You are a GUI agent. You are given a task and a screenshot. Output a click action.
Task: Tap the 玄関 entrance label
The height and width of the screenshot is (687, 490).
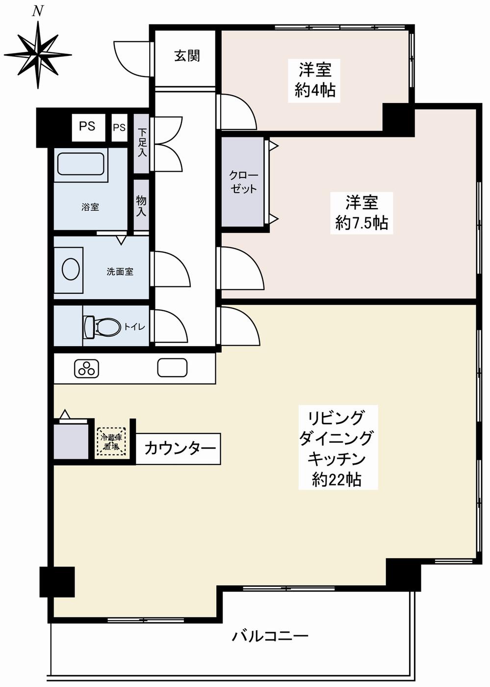tap(187, 56)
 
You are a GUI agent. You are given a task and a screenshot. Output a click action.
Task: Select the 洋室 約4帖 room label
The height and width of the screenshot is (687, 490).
tap(315, 80)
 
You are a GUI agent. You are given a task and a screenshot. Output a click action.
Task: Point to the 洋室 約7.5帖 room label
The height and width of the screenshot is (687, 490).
tap(361, 212)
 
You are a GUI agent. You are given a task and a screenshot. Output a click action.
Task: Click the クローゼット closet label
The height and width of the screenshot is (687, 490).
tap(243, 182)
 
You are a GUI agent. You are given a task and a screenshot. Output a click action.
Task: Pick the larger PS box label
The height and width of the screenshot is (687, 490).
tap(87, 126)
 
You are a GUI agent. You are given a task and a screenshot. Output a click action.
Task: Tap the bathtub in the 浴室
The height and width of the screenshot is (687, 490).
tap(81, 164)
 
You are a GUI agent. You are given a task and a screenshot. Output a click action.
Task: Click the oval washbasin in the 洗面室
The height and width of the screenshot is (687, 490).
tap(71, 269)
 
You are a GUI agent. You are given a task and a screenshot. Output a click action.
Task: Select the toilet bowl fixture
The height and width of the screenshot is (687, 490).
tap(103, 327)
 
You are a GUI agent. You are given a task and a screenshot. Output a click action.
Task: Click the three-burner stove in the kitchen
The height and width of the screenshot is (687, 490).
tap(87, 369)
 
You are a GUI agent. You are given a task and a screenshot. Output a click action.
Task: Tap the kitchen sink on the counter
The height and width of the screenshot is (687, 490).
tap(172, 368)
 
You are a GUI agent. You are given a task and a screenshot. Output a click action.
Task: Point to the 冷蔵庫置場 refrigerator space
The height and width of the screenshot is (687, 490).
tap(111, 442)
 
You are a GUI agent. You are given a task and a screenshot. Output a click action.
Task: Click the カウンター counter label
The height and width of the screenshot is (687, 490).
tap(180, 448)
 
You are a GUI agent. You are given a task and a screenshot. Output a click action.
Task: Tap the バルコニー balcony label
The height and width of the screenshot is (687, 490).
tap(270, 636)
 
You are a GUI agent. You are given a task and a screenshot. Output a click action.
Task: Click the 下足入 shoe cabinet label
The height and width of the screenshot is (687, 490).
tap(142, 143)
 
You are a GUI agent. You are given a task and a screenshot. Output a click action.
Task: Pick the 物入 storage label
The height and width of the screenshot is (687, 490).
tap(141, 205)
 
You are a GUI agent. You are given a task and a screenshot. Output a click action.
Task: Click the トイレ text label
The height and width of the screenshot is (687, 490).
tap(134, 327)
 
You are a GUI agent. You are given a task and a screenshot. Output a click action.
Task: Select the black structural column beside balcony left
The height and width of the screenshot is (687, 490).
tap(57, 582)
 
